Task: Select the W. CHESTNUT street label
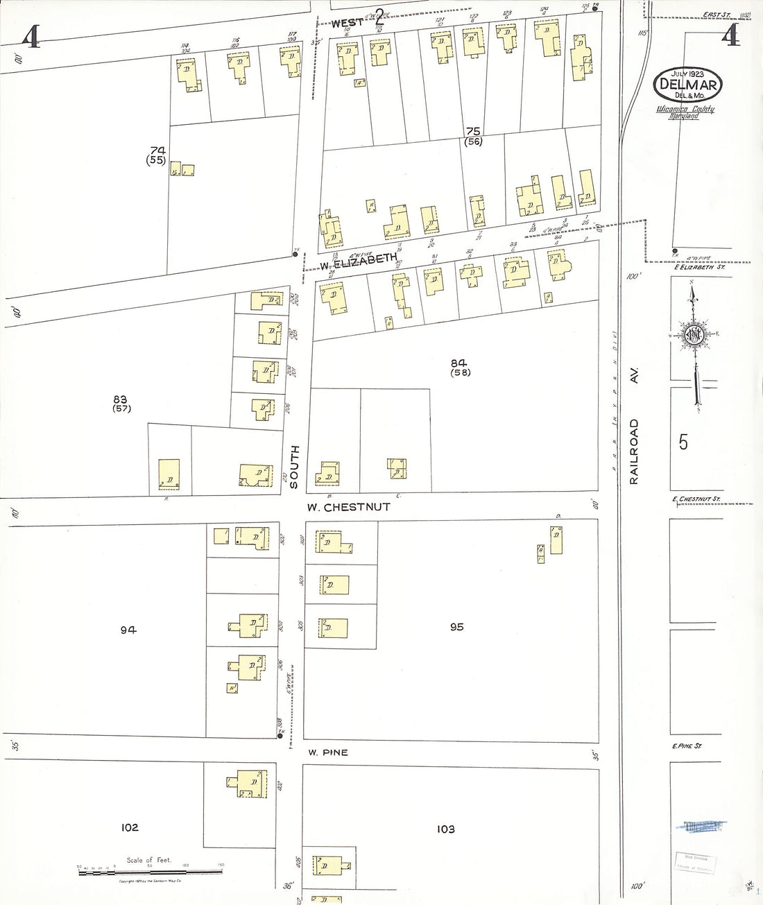click(x=348, y=507)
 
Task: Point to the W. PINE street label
click(x=327, y=752)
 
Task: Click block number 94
click(x=128, y=630)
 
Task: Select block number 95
click(x=456, y=627)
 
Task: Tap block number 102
click(x=130, y=827)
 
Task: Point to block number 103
click(x=445, y=829)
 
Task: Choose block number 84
click(x=458, y=363)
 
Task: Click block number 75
click(x=474, y=131)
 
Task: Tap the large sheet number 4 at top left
click(x=30, y=36)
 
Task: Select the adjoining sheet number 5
click(x=683, y=442)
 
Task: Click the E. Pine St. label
click(x=687, y=746)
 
